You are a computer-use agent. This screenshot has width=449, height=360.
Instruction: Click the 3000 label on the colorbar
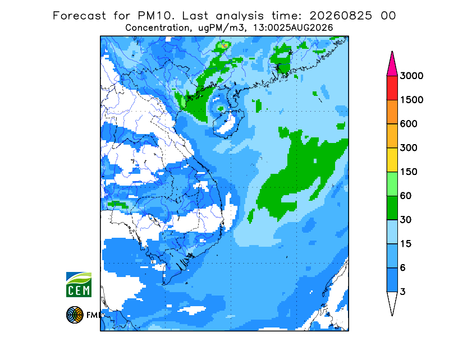point(411,76)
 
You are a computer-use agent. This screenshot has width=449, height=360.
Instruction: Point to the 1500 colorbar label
point(411,100)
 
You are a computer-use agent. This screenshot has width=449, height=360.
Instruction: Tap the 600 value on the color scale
point(409,124)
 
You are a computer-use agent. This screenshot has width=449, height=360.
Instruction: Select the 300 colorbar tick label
point(409,148)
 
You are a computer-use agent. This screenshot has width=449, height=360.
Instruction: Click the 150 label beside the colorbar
point(409,172)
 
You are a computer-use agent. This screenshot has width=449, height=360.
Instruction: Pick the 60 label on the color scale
point(406,196)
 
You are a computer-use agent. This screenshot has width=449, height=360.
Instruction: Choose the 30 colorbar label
point(406,220)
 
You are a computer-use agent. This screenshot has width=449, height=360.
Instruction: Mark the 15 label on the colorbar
point(406,244)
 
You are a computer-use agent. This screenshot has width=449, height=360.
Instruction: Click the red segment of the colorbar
point(392,88)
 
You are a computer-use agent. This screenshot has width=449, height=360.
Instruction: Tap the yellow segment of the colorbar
point(392,160)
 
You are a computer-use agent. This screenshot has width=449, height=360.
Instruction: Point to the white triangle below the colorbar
point(392,301)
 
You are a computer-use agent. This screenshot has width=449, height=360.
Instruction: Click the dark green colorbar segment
point(392,208)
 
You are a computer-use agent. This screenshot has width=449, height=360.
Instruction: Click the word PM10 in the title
point(156,16)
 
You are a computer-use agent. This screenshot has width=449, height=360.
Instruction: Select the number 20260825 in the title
point(341,16)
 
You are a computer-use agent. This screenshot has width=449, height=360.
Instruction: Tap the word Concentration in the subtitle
point(157,28)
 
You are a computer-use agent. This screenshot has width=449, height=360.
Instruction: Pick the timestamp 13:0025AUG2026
point(293,28)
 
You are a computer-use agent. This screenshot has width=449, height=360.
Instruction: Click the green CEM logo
point(79,284)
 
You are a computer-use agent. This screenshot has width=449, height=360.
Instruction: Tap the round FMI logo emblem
point(75,315)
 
